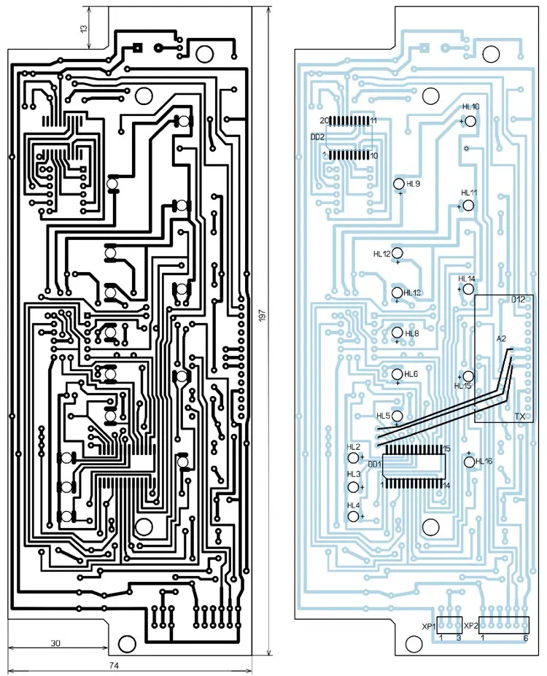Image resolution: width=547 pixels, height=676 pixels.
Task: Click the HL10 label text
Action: [x=470, y=107]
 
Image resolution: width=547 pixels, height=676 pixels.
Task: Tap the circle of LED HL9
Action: [x=399, y=184]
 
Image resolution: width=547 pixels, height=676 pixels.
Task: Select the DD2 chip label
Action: [x=318, y=136]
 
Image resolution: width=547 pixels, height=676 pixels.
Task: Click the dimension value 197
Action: [x=260, y=315]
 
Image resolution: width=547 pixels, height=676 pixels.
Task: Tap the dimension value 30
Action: [x=55, y=643]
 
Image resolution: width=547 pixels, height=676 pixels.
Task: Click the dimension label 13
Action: [x=83, y=28]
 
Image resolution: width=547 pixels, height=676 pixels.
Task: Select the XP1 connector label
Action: [x=429, y=626]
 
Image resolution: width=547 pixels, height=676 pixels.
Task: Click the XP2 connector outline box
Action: [x=504, y=625]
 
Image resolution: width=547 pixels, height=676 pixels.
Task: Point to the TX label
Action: [x=519, y=416]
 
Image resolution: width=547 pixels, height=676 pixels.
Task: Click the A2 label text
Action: [x=501, y=339]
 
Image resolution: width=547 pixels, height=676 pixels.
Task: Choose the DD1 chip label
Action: [x=375, y=464]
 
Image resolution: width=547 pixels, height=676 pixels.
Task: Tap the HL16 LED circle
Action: [x=469, y=461]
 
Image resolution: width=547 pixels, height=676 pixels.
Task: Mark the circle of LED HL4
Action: [x=354, y=516]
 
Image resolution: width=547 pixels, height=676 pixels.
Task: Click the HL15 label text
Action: [x=463, y=386]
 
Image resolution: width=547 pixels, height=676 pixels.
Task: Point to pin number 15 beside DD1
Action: [x=446, y=448]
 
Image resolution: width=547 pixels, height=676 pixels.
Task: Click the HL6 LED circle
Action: [x=397, y=374]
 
